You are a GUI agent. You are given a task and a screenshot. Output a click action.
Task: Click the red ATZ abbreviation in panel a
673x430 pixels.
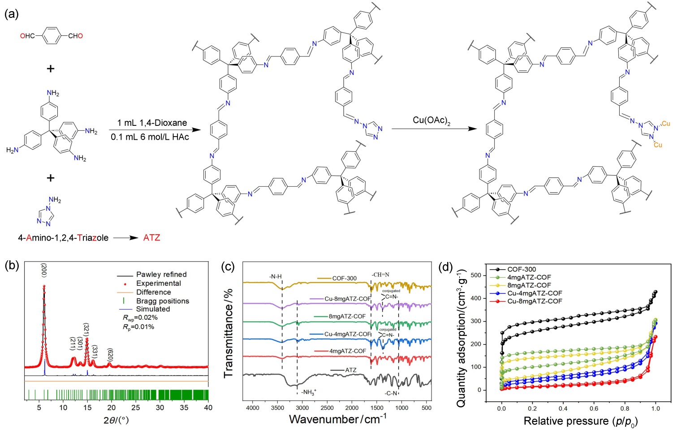(x=151, y=238)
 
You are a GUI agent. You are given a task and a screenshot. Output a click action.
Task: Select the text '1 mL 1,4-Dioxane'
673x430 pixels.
(x=152, y=123)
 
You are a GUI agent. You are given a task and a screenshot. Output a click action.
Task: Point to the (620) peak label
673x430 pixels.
(x=110, y=355)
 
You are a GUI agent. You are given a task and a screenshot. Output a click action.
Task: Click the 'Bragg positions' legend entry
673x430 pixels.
(x=163, y=301)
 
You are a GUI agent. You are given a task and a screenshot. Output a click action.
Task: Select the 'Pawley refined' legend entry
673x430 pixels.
(x=161, y=274)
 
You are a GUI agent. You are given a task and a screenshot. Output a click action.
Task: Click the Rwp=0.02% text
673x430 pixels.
(x=140, y=318)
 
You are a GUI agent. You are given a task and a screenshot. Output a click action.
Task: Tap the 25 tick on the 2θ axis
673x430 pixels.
(x=135, y=408)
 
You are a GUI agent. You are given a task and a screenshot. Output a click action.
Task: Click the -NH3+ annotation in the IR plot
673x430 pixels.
(x=309, y=393)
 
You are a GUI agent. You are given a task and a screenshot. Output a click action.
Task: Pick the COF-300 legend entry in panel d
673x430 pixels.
(x=522, y=269)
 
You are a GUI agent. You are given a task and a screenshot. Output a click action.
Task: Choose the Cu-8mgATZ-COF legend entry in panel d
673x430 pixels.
(x=535, y=301)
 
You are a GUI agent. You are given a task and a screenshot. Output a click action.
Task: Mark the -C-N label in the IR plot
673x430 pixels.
(x=391, y=393)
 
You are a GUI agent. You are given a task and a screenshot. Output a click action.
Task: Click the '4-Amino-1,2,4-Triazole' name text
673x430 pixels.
(x=63, y=238)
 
